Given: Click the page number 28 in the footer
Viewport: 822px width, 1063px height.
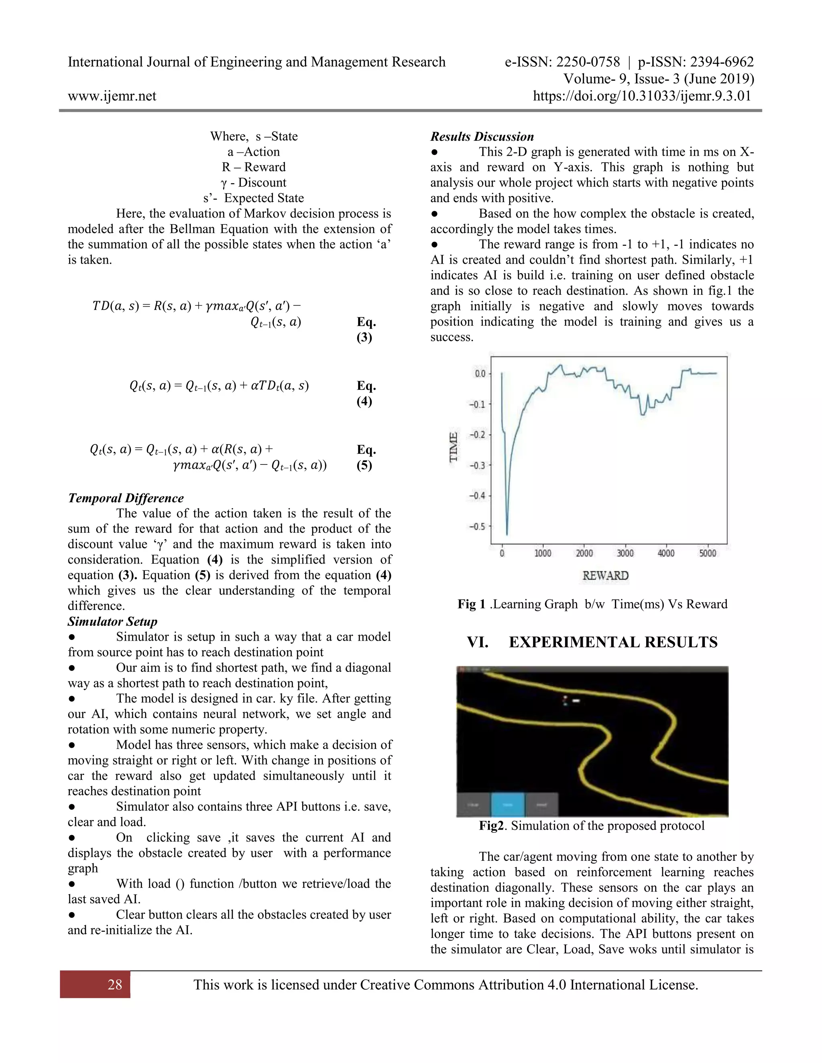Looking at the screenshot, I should [114, 985].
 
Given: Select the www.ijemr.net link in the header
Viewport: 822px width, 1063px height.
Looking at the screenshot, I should [112, 96].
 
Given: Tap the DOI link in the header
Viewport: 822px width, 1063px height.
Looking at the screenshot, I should [642, 96].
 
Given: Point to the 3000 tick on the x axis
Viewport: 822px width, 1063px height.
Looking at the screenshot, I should [625, 554].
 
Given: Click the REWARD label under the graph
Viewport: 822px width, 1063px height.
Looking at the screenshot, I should [605, 576].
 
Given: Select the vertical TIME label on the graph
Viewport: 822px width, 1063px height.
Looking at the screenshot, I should [454, 447].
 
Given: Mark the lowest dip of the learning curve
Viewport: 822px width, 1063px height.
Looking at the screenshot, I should [507, 534].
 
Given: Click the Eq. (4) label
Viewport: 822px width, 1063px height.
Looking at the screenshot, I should [366, 393].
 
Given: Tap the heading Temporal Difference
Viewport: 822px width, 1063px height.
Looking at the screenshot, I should [126, 498].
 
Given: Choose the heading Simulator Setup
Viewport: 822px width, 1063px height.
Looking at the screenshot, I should [112, 621].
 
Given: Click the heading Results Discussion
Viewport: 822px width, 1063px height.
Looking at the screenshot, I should [482, 137].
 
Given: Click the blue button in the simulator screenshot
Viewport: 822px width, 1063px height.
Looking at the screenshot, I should [507, 805].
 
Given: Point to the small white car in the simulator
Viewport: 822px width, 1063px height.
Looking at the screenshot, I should [576, 701].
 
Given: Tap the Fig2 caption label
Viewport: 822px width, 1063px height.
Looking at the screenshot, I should [490, 826].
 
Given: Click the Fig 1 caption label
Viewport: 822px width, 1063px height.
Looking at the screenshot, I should [471, 604].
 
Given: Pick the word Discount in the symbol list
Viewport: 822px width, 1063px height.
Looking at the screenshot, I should [262, 183].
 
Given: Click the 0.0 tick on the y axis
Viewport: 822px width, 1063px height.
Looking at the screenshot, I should [480, 374].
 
